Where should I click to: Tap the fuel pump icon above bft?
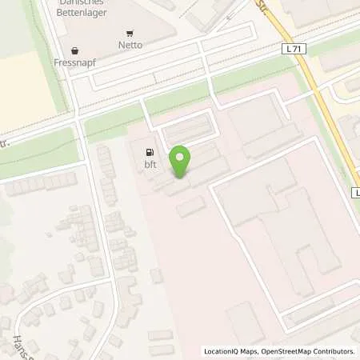tap(148, 151)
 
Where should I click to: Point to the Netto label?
tap(130, 45)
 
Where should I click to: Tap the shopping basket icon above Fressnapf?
tap(75, 50)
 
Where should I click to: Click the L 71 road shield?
tap(294, 50)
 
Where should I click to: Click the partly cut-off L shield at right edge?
tap(356, 194)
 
